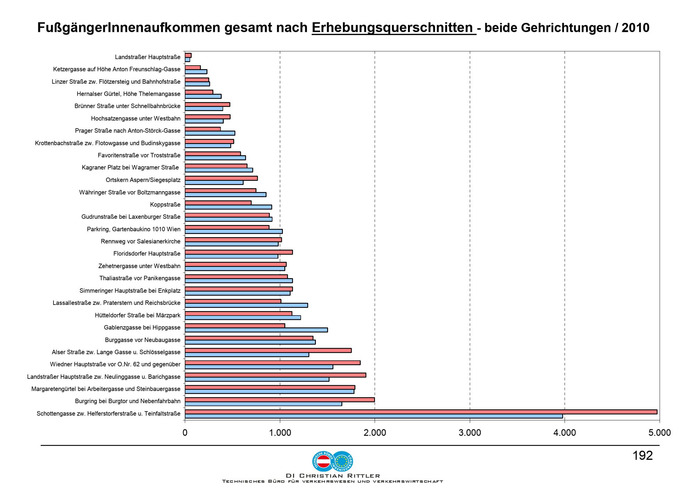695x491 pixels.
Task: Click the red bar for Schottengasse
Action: tap(421, 412)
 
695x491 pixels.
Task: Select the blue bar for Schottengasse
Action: tap(374, 416)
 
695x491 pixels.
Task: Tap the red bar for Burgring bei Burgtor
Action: tap(280, 400)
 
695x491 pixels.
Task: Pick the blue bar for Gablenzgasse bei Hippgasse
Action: tap(256, 330)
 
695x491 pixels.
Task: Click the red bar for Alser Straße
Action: tap(268, 350)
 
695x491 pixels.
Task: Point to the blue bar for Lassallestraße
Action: tap(246, 305)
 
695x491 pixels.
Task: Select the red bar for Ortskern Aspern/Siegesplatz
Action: tap(221, 178)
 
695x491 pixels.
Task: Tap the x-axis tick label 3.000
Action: tap(470, 433)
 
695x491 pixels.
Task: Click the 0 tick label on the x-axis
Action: tap(185, 433)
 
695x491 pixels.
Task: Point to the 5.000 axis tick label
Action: tap(660, 433)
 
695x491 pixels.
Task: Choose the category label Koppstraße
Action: tap(165, 205)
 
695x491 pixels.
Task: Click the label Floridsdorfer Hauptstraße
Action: tap(147, 253)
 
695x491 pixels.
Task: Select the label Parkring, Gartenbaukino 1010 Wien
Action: tap(134, 229)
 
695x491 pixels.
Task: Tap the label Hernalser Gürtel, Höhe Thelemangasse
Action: tap(129, 94)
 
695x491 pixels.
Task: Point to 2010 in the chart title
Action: tap(636, 28)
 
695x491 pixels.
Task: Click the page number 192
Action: tap(643, 456)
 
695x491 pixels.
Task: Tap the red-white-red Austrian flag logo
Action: tap(323, 461)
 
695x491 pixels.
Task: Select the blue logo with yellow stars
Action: tap(343, 461)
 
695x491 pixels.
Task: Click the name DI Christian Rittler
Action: tap(333, 476)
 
